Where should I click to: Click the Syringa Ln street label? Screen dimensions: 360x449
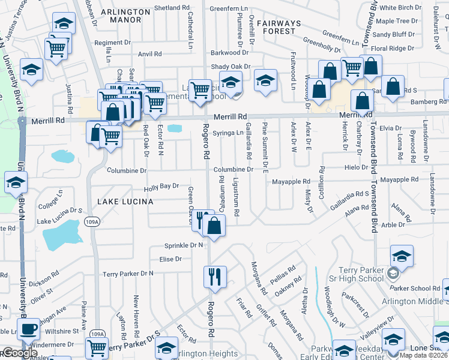(x=231, y=133)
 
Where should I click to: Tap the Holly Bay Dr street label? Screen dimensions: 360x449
(x=161, y=187)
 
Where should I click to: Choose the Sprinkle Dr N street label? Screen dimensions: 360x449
(x=184, y=246)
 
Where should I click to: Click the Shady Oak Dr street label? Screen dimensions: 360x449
(x=230, y=67)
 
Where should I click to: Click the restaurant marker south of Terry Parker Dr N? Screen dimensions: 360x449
(x=214, y=277)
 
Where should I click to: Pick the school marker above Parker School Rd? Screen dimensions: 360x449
(x=401, y=256)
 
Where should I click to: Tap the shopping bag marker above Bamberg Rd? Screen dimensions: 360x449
(x=393, y=86)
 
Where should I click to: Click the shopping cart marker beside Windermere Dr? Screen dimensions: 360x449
(x=97, y=347)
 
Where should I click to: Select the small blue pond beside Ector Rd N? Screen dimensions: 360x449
(x=175, y=128)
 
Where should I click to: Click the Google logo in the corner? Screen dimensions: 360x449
(x=19, y=353)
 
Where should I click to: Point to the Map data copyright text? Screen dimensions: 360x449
(x=424, y=355)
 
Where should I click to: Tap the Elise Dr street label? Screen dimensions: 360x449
(x=170, y=259)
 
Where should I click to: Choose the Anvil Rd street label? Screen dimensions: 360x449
(x=150, y=54)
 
